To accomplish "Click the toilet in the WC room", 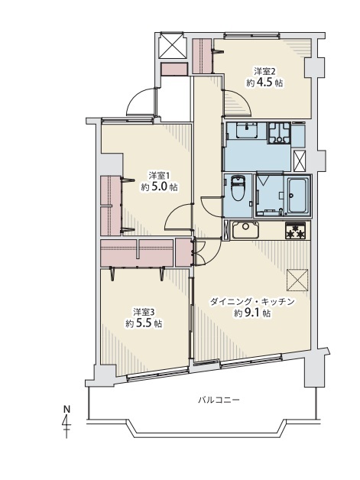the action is pos(238,188).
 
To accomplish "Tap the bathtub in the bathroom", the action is pos(297,196).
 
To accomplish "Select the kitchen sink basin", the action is pos(246,229).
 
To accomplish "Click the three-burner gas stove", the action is pos(295,231).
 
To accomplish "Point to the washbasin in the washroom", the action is pos(246,130).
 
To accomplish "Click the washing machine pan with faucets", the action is pos(279,133).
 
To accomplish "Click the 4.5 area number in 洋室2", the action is pos(264,83).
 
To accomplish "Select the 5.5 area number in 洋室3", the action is pos(144,323).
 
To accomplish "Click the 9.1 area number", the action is pos(252,313).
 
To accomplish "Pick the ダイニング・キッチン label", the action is pos(252,302).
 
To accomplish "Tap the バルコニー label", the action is pos(219,400).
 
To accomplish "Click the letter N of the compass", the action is pos(66,409).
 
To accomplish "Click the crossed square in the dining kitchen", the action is pos(297,280).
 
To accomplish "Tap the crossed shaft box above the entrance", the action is pos(172,45).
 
